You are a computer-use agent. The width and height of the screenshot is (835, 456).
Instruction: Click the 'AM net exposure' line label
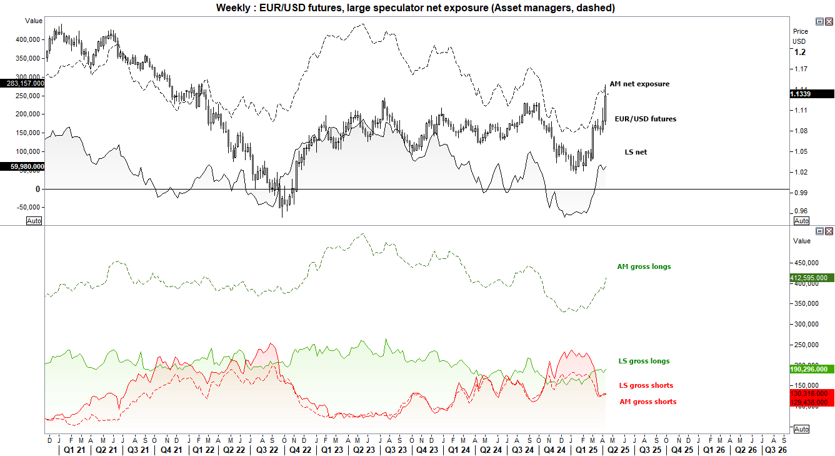639,84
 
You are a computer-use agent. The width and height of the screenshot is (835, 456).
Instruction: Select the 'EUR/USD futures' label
645,119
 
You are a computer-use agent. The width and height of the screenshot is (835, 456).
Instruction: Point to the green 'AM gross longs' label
644,266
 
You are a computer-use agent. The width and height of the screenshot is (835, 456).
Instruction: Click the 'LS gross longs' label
644,361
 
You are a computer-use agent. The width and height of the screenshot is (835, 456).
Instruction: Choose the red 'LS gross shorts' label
646,385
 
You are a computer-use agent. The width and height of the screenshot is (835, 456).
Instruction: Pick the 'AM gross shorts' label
647,402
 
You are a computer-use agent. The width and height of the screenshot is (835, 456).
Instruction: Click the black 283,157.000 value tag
22,83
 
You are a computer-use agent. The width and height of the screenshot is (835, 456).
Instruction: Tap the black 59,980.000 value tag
22,166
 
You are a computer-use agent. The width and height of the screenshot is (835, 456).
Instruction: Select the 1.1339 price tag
812,94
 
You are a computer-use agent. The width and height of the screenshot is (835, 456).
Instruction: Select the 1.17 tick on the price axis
800,69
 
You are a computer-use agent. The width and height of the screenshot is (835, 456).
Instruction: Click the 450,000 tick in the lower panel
806,263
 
